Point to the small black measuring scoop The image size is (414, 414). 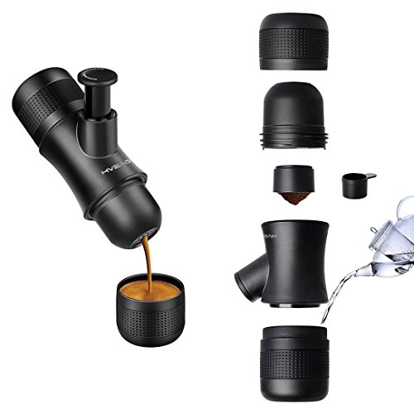coord(354,183)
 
